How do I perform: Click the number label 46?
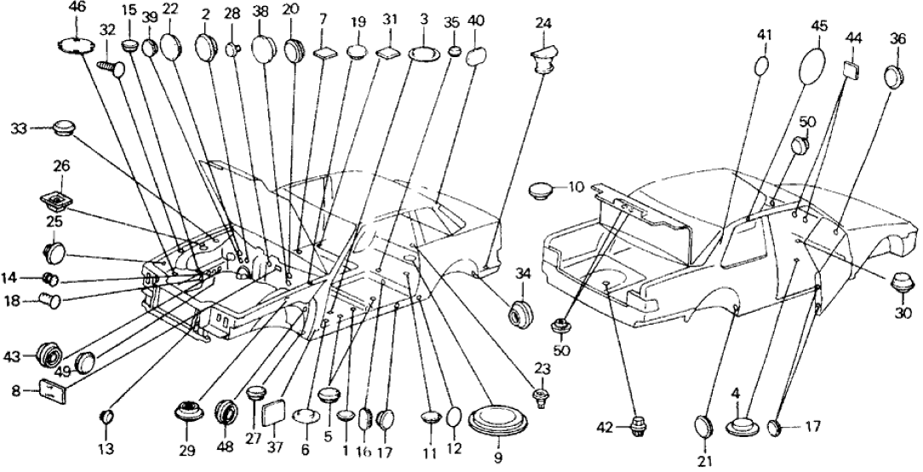77,8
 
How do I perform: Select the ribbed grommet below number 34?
519,314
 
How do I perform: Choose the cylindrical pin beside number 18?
51,299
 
